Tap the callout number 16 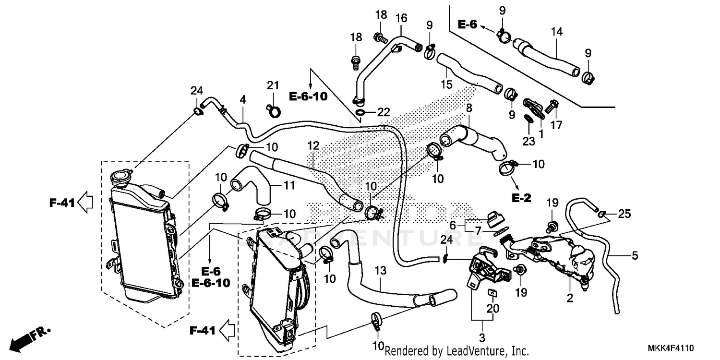click(401, 18)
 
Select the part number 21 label click(273, 85)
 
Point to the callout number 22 click(384, 112)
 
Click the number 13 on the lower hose click(380, 272)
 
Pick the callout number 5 click(635, 256)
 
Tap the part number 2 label click(570, 298)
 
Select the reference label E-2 click(521, 197)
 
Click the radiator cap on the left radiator click(120, 179)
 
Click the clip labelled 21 click(274, 110)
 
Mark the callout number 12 click(313, 145)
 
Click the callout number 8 click(469, 108)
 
